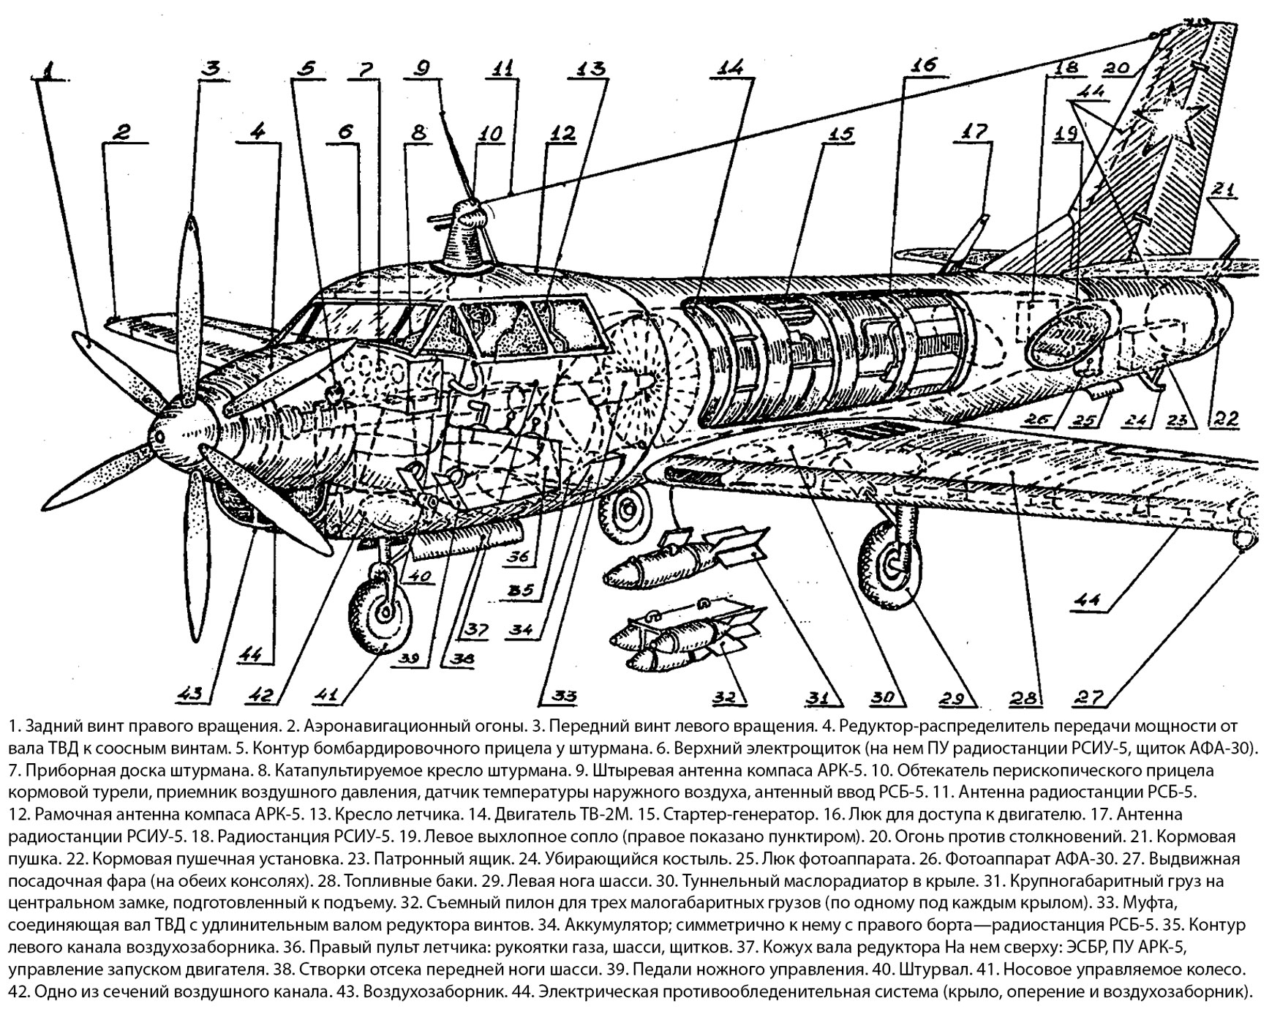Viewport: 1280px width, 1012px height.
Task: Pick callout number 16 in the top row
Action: [923, 66]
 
